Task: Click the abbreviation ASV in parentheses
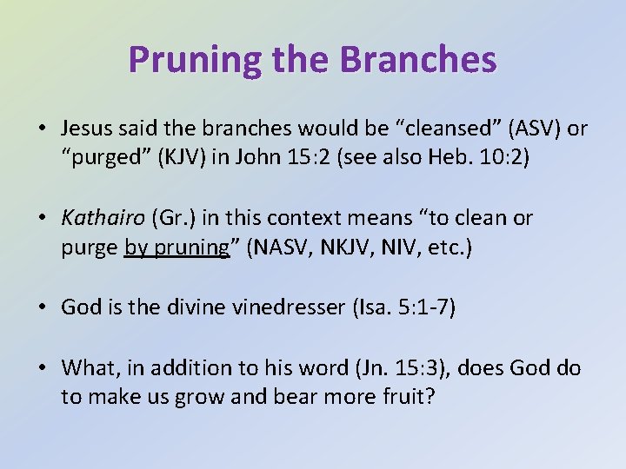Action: (533, 129)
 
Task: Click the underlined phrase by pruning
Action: (176, 248)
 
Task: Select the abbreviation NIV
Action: (391, 248)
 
